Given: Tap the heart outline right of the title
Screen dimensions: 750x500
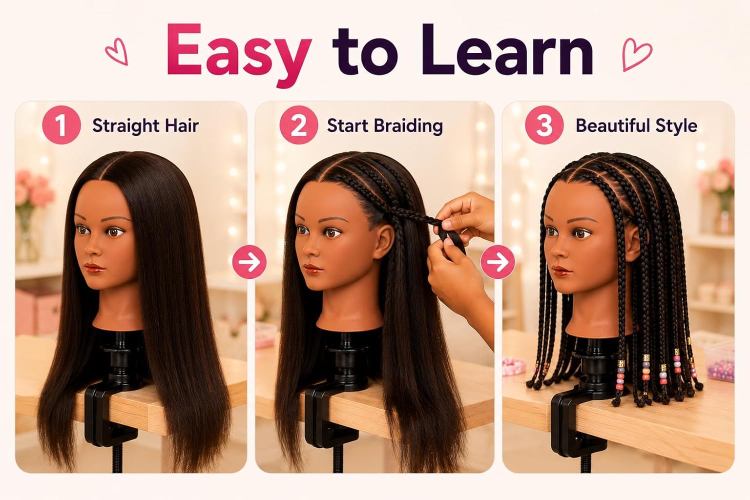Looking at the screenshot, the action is (636, 54).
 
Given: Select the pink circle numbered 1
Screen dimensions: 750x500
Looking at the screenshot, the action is (61, 125).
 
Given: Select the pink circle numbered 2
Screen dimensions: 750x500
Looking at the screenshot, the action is (298, 125).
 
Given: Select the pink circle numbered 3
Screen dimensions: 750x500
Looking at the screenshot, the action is (544, 125).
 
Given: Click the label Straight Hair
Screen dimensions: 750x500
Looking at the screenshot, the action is (145, 126).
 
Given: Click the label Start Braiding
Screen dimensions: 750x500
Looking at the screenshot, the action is (384, 126).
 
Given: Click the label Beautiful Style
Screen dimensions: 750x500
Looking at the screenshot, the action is (636, 126).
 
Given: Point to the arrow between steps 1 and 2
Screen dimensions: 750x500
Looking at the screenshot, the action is (249, 262).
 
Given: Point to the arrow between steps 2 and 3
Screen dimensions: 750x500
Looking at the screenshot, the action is (497, 262).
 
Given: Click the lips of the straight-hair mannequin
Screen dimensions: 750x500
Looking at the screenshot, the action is (94, 268).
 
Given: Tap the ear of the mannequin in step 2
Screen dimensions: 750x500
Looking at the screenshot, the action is (384, 242).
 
